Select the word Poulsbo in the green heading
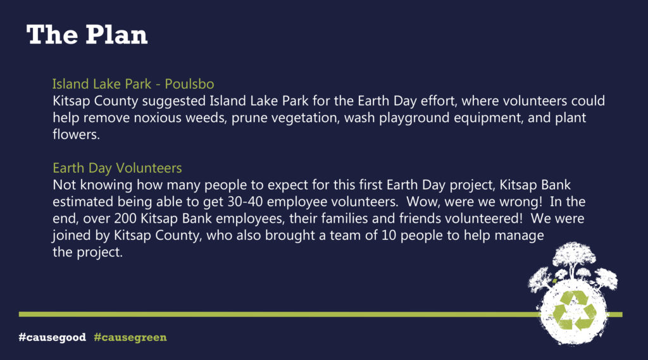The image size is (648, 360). point(189,84)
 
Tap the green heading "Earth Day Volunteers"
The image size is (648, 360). point(117,168)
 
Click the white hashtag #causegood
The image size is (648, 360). point(53,337)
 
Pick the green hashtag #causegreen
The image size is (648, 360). point(130,337)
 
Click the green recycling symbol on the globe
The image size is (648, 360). point(575,311)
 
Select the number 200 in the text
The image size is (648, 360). point(125,218)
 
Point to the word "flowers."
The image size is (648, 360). point(76,134)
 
